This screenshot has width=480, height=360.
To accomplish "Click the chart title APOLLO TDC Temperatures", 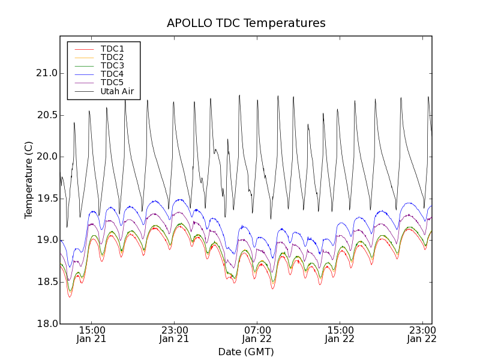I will pyautogui.click(x=246, y=23).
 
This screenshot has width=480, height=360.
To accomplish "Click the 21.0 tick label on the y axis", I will pyautogui.click(x=46, y=73).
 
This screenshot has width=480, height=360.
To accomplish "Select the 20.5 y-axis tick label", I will pyautogui.click(x=46, y=115).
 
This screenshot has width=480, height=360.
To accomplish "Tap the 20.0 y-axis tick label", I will pyautogui.click(x=46, y=157).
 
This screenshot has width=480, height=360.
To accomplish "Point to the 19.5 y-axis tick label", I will pyautogui.click(x=46, y=199).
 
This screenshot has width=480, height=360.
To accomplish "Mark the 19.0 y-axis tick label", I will pyautogui.click(x=46, y=240).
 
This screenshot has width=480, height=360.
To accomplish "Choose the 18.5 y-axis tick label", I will pyautogui.click(x=46, y=282).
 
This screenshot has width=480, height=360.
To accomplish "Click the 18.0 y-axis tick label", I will pyautogui.click(x=46, y=323).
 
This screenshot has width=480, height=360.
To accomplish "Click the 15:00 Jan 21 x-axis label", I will pyautogui.click(x=92, y=334).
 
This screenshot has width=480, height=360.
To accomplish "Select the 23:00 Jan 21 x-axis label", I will pyautogui.click(x=175, y=334).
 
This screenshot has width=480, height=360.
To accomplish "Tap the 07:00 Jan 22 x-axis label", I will pyautogui.click(x=257, y=334).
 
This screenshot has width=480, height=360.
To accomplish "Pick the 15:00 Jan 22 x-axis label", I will pyautogui.click(x=340, y=334).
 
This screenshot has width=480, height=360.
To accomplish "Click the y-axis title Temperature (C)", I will pyautogui.click(x=29, y=180).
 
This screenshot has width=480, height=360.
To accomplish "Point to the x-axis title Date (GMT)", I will pyautogui.click(x=246, y=352).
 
